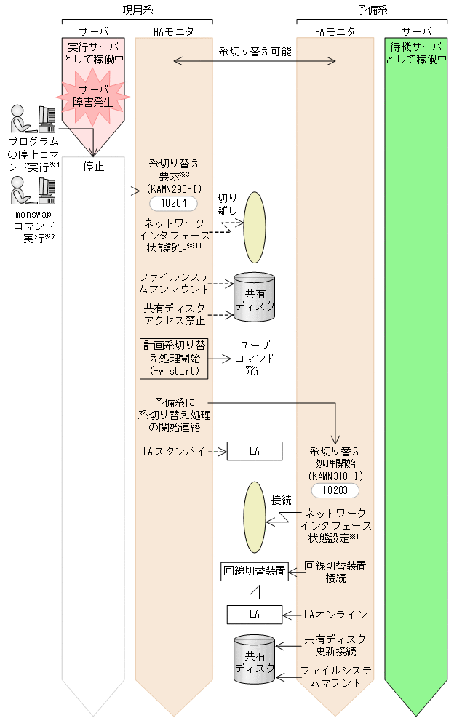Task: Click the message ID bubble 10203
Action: (335, 490)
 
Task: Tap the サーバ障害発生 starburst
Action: (93, 96)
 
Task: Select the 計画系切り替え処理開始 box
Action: (173, 358)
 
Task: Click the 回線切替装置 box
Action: (255, 571)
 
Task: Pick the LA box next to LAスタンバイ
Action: (254, 451)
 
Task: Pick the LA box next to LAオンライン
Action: (254, 614)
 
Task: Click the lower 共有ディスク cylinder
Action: (254, 659)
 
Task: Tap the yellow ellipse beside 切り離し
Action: (255, 227)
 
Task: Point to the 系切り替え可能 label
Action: (255, 52)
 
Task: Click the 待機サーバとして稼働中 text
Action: (415, 53)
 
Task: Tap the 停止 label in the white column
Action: (93, 167)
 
